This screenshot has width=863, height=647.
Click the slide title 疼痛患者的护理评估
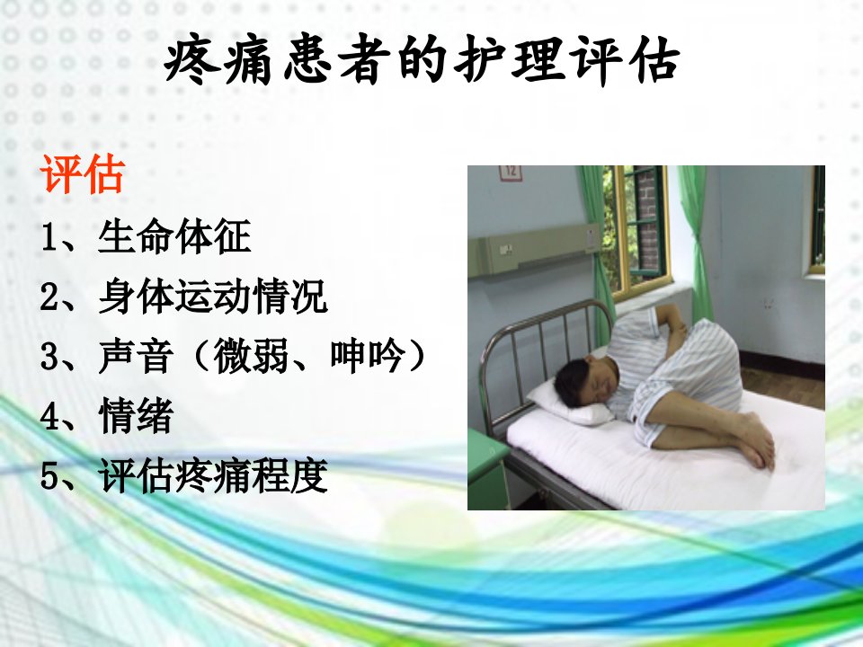pyautogui.click(x=422, y=60)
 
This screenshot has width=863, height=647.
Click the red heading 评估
pyautogui.click(x=82, y=173)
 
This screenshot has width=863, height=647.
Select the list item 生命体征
pyautogui.click(x=174, y=236)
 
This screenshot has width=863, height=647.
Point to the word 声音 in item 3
pyautogui.click(x=136, y=356)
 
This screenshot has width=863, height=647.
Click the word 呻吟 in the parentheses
pyautogui.click(x=367, y=356)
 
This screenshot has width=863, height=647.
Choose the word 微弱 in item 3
pyautogui.click(x=251, y=356)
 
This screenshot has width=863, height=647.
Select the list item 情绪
pyautogui.click(x=136, y=415)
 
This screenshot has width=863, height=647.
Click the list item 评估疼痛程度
pyautogui.click(x=213, y=475)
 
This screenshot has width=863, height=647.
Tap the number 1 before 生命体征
pyautogui.click(x=49, y=237)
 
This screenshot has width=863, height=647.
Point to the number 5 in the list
pyautogui.click(x=49, y=476)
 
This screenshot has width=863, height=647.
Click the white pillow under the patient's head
pyautogui.click(x=571, y=403)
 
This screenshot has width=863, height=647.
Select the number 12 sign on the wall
pyautogui.click(x=511, y=173)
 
